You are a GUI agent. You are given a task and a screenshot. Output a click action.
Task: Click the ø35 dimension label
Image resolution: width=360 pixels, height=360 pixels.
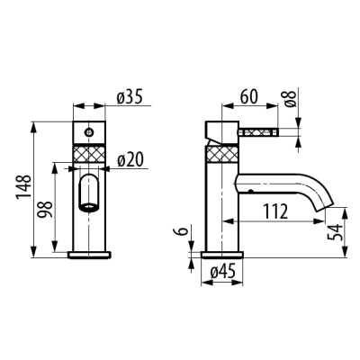click(x=129, y=97)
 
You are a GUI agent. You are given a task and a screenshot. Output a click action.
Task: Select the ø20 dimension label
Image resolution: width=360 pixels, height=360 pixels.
click(x=130, y=160)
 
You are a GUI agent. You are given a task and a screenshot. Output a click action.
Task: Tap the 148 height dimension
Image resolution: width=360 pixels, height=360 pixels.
click(x=23, y=186)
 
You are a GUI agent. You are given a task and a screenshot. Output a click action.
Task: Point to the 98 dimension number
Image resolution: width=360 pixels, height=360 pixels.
click(x=46, y=209)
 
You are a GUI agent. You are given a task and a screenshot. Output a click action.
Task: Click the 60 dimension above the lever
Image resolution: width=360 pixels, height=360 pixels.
click(x=248, y=96)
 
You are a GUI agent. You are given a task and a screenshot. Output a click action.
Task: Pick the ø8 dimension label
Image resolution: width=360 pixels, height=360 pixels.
click(x=291, y=98)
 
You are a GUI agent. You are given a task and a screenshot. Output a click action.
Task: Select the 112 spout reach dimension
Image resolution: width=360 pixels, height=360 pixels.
click(x=275, y=211)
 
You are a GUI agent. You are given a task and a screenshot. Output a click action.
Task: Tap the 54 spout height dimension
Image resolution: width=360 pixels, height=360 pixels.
click(x=335, y=232)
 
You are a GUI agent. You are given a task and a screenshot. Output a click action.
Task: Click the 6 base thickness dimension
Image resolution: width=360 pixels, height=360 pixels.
click(x=183, y=230)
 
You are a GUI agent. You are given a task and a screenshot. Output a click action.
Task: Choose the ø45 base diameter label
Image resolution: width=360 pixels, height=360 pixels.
click(x=222, y=273)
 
